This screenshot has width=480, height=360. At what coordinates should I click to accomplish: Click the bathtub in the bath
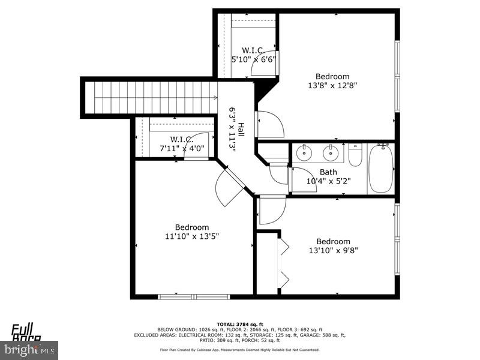point(380,169)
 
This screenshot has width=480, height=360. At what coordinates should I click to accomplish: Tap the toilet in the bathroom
point(355,157)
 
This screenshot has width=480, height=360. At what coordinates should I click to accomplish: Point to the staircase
point(150,97)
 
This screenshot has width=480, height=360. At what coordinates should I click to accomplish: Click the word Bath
point(328,172)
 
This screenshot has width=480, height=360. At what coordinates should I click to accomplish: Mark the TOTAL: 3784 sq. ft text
point(240,324)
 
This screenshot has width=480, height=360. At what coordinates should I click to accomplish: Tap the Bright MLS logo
point(29,349)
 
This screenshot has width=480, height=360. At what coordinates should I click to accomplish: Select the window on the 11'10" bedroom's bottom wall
point(194,296)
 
